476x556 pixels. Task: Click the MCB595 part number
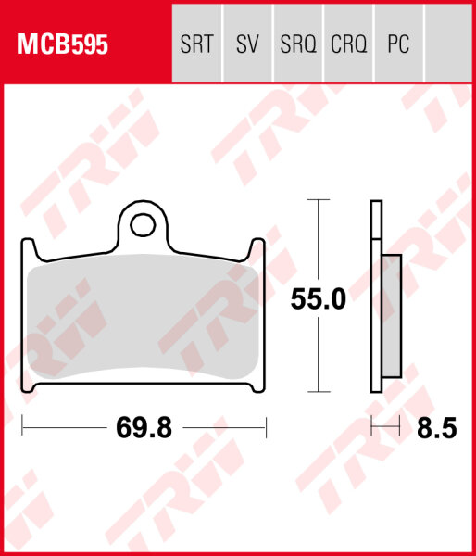pos(59,44)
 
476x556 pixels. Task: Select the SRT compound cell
pos(197,44)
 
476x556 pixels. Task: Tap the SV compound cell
pos(247,44)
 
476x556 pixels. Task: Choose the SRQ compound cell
pos(297,44)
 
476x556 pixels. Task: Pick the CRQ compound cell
pos(348,44)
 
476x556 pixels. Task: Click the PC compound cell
pos(398,44)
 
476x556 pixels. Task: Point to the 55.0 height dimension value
pos(318,299)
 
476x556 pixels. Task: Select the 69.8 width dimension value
pos(143,428)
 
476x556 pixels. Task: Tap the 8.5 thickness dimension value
pos(438,428)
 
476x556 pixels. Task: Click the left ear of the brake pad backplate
pos(29,248)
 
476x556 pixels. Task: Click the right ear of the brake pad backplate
pos(258,248)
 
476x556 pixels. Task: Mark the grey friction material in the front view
pos(143,315)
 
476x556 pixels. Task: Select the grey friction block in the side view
pos(391,315)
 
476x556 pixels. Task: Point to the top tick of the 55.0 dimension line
pos(318,199)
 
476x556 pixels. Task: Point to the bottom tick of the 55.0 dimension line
pos(318,393)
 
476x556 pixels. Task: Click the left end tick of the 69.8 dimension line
pos(22,427)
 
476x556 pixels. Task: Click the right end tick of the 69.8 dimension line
pos(266,427)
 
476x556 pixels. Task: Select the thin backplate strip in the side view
pos(375,297)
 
